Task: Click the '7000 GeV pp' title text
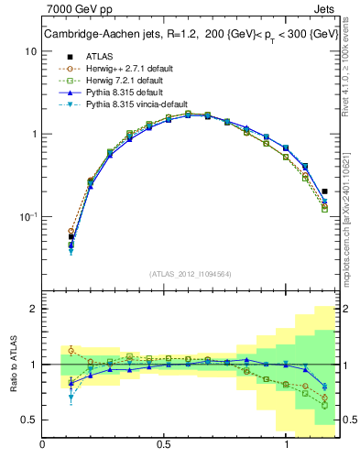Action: pyautogui.click(x=75, y=10)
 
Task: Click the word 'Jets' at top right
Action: pyautogui.click(x=324, y=10)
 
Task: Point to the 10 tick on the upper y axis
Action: pyautogui.click(x=30, y=51)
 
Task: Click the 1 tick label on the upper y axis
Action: pyautogui.click(x=33, y=134)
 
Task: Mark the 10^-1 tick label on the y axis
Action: pyautogui.click(x=28, y=216)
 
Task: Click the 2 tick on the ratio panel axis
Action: pyautogui.click(x=33, y=309)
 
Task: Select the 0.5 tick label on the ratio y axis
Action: pyautogui.click(x=29, y=420)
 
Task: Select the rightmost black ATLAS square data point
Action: pyautogui.click(x=325, y=191)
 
